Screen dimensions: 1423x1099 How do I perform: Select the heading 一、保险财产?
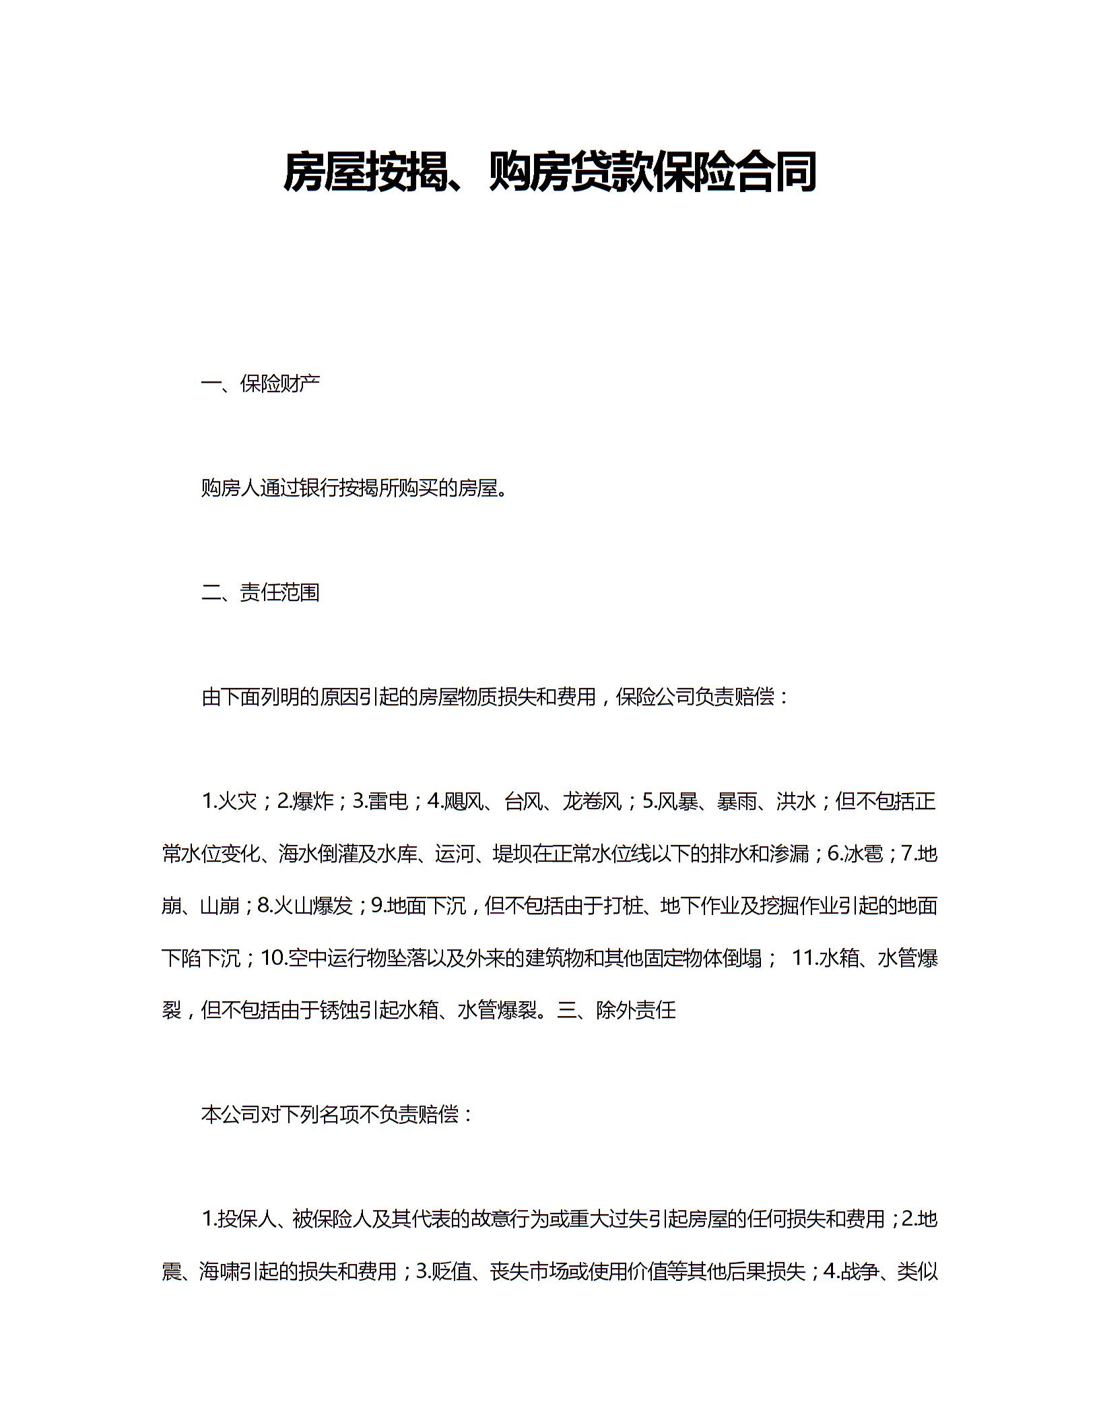260,383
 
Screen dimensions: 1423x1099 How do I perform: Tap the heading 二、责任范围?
260,592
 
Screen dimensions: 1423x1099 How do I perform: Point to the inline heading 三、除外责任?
616,1010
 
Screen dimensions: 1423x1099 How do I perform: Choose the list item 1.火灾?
230,801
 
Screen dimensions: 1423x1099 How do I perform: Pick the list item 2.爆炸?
306,801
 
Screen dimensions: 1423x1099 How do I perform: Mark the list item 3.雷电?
380,801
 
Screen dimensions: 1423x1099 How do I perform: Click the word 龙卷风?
592,801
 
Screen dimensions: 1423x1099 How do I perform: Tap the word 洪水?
796,801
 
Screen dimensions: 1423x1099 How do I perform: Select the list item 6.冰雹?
855,854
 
